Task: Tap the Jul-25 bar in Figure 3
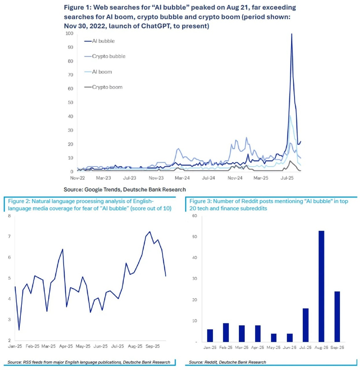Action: [305, 325]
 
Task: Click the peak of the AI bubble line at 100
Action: [291, 34]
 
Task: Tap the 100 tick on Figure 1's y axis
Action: [69, 33]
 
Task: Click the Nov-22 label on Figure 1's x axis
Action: [77, 178]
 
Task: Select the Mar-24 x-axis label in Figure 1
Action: [182, 178]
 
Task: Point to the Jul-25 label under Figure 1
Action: [287, 178]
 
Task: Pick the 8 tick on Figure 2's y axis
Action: [9, 216]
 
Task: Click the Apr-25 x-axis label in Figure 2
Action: [66, 346]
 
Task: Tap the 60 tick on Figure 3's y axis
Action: [194, 216]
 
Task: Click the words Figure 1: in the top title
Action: [77, 7]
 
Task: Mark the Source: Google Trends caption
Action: [124, 190]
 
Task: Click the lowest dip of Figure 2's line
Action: [19, 330]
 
